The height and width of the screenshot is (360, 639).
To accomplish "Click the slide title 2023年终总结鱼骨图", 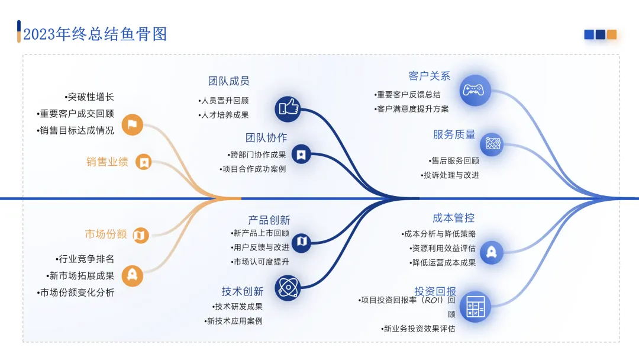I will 95,34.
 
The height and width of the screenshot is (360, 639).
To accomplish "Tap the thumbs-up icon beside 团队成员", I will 288,108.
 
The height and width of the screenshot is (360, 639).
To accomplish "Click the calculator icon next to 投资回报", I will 476,307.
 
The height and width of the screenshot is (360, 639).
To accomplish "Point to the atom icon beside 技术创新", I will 288,289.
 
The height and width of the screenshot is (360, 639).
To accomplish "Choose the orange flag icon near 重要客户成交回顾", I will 133,124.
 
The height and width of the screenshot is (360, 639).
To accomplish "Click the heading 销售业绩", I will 107,162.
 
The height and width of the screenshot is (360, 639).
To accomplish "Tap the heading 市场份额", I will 106,234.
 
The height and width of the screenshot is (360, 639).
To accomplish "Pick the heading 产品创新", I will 269,220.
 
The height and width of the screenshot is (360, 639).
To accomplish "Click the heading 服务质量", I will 454,134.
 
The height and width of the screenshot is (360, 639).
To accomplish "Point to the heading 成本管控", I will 454,218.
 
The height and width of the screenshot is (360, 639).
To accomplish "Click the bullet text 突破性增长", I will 89,97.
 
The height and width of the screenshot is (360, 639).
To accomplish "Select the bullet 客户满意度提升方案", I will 412,109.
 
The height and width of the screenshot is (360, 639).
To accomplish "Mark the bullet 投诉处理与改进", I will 450,175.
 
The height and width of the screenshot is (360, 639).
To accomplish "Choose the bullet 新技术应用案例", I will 233,321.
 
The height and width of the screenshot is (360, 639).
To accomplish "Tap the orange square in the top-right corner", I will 612,34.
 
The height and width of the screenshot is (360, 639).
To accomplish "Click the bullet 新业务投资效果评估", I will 418,329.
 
